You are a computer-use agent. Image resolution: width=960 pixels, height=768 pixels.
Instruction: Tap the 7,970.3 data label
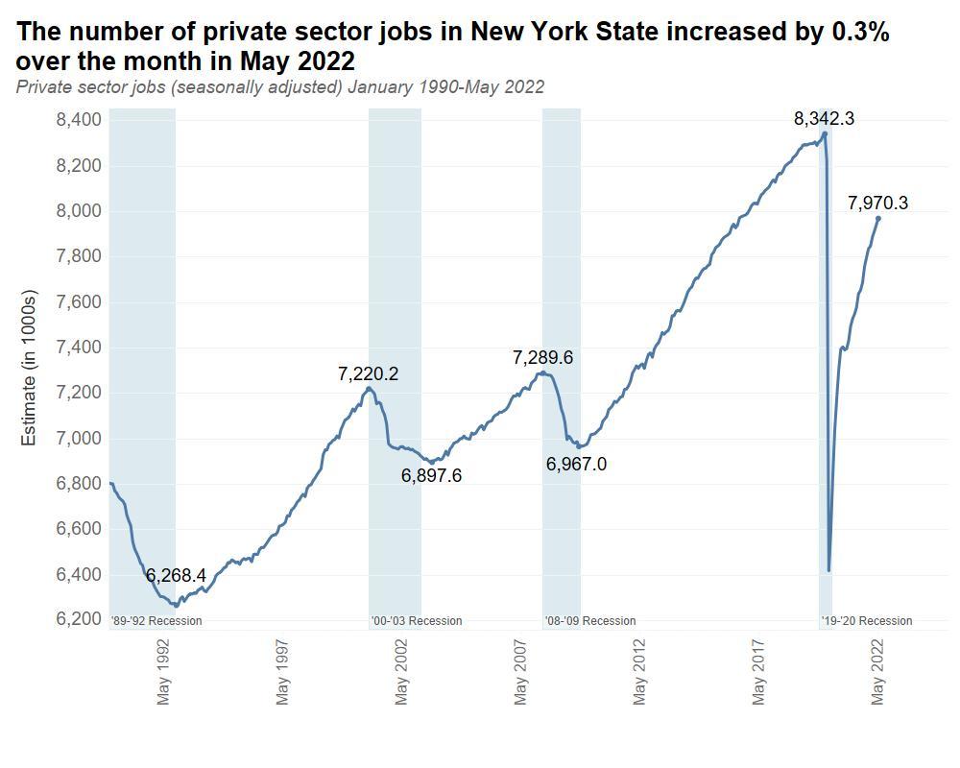coord(877,203)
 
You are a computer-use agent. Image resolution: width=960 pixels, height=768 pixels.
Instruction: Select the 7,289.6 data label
coord(542,357)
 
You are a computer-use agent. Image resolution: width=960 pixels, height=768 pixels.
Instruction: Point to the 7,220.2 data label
coord(368,374)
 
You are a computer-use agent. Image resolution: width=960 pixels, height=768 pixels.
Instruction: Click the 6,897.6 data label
coord(431,475)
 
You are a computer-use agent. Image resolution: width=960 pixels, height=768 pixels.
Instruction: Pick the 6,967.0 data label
coord(576,464)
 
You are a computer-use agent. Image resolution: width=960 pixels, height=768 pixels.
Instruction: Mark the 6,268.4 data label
coord(176,575)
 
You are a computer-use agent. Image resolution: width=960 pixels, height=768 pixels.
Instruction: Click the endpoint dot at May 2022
coord(877,219)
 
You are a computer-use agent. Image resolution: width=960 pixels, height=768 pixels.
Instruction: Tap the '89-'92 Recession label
coord(156,621)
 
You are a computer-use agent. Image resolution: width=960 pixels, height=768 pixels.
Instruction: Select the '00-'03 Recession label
coord(417,621)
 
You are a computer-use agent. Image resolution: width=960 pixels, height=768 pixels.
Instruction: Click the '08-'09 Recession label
coord(590,621)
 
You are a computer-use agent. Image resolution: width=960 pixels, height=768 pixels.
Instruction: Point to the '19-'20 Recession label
coord(867,621)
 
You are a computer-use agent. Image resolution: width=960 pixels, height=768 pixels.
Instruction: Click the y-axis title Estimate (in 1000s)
coord(29,367)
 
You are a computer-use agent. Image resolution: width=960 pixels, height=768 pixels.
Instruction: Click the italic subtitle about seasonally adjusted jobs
coord(280,87)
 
